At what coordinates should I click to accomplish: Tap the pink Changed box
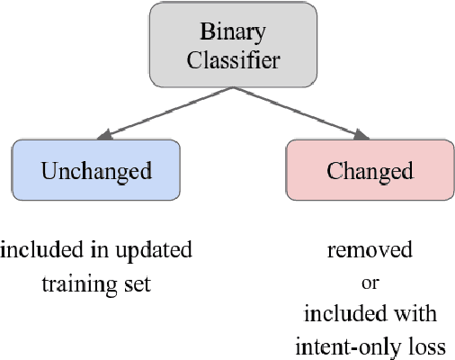[370, 170]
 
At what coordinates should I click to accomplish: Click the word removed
[370, 249]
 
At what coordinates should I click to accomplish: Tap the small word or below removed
[370, 282]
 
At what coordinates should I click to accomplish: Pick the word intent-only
[348, 345]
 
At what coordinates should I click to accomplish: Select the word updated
[159, 249]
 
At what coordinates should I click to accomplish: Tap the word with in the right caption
[418, 313]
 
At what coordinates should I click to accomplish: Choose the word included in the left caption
[38, 249]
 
